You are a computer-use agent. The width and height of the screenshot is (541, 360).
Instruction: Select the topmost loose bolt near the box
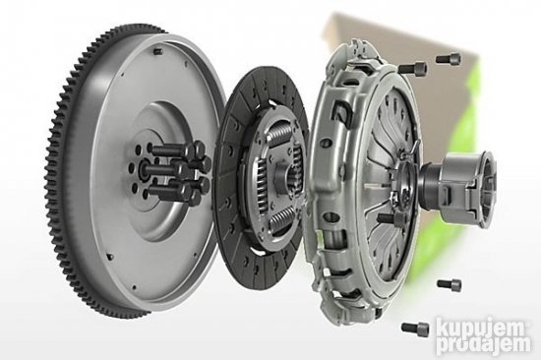(449, 58)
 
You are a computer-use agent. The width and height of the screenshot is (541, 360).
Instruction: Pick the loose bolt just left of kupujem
(415, 327)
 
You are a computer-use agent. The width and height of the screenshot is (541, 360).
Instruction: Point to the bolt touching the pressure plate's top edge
(413, 67)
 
